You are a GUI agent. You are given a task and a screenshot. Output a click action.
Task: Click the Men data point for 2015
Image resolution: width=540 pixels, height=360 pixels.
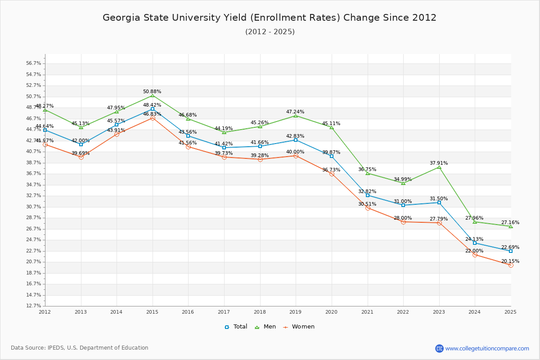[x=153, y=95]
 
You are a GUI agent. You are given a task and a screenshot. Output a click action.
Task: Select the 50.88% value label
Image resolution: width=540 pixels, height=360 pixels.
[x=152, y=91]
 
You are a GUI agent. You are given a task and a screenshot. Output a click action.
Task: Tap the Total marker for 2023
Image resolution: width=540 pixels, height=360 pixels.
[x=439, y=202]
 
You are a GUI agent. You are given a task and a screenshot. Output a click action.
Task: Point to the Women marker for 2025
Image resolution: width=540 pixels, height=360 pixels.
[x=511, y=265]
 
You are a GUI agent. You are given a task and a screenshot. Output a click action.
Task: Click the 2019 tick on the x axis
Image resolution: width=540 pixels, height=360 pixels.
[x=296, y=311]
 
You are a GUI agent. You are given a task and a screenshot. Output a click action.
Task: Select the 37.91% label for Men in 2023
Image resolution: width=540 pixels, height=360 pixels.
[x=439, y=163]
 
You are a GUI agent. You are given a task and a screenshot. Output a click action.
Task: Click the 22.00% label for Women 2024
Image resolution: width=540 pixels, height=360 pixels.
[x=474, y=251]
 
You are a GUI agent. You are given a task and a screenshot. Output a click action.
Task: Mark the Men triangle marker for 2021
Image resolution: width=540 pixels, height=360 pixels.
[x=368, y=173]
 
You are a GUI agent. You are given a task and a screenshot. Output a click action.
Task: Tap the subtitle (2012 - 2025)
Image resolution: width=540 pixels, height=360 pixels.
[x=270, y=31]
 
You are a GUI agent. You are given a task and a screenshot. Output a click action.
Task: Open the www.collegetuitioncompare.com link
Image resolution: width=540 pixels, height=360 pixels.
[x=487, y=348]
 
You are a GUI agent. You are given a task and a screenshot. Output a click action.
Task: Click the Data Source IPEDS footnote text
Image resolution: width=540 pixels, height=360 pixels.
[x=80, y=348]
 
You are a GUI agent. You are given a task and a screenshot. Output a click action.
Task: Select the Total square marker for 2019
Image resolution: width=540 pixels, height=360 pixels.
[x=296, y=140]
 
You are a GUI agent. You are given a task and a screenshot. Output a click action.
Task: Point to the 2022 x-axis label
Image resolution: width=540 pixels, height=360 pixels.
[x=403, y=311]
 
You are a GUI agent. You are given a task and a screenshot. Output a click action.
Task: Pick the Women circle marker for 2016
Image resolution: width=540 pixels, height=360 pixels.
[x=188, y=147]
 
